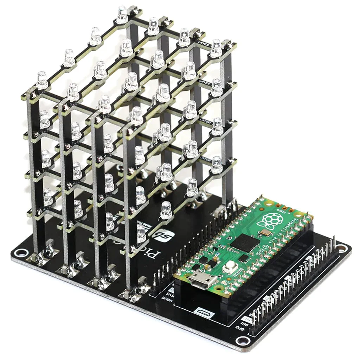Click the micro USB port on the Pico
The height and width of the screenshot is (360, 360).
203,281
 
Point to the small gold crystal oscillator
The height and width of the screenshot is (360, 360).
266,232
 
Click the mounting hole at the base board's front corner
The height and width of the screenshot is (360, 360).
242,340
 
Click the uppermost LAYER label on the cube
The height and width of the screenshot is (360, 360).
205,45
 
